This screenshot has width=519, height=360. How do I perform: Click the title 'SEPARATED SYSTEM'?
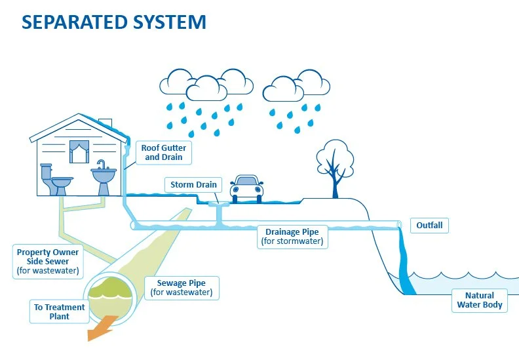114,22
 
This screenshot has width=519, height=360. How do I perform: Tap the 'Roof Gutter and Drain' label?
163,153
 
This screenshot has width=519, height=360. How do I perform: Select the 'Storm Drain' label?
193,185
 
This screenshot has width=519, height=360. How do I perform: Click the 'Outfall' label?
429,226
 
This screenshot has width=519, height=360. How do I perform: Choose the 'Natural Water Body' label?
479,300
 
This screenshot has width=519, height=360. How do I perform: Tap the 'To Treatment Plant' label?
59,311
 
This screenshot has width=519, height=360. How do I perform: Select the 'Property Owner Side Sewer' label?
48,261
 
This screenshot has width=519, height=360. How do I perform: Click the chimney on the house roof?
105,124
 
